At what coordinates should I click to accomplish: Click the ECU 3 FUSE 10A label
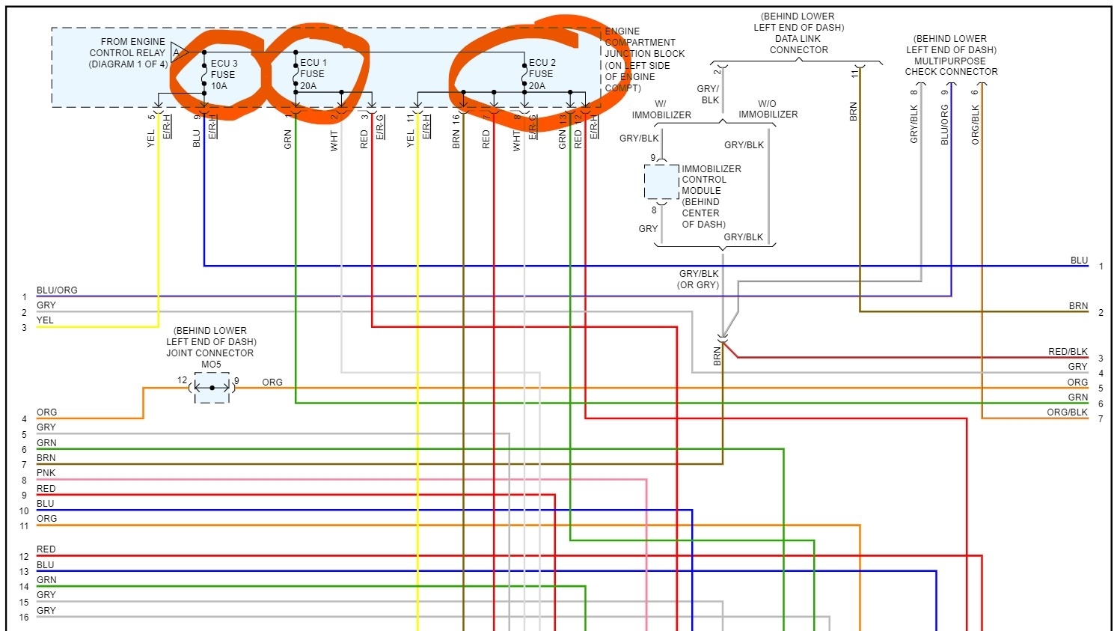pos(223,74)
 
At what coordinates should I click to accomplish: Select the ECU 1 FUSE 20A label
pos(313,74)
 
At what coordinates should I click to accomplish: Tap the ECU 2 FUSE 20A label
pos(541,74)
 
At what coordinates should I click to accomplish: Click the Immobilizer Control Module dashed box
pos(661,182)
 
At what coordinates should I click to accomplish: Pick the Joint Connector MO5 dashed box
pos(212,388)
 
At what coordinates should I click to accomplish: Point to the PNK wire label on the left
pos(46,473)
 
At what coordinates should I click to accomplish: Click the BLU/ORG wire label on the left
pos(57,290)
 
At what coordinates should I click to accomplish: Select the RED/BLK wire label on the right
pos(1068,352)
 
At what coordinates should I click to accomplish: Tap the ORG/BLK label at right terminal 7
pos(1067,412)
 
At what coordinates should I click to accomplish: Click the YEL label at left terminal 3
pos(45,320)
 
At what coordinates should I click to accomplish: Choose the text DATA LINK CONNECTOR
pos(798,44)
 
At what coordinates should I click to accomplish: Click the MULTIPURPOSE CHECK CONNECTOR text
pos(951,67)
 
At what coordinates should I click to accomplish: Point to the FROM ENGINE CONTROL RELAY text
pos(128,52)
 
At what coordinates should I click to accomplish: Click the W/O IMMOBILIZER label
pos(768,109)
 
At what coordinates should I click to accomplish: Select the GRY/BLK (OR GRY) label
pos(698,279)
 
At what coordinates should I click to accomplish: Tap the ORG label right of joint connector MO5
pos(272,382)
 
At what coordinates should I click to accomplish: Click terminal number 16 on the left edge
pos(24,618)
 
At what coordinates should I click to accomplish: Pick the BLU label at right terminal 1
pos(1079,260)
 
